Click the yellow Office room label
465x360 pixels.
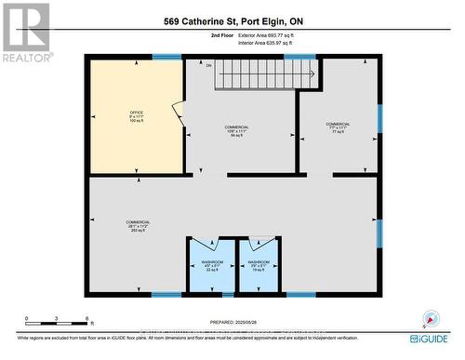(x=136, y=116)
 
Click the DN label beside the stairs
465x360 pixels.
(x=209, y=65)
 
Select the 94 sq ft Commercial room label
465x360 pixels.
(x=237, y=130)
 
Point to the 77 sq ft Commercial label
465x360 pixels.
(x=338, y=128)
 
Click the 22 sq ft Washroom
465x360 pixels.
(x=211, y=266)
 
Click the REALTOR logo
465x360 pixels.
(x=25, y=32)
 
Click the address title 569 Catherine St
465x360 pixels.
(x=232, y=21)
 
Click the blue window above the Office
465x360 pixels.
(x=166, y=57)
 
